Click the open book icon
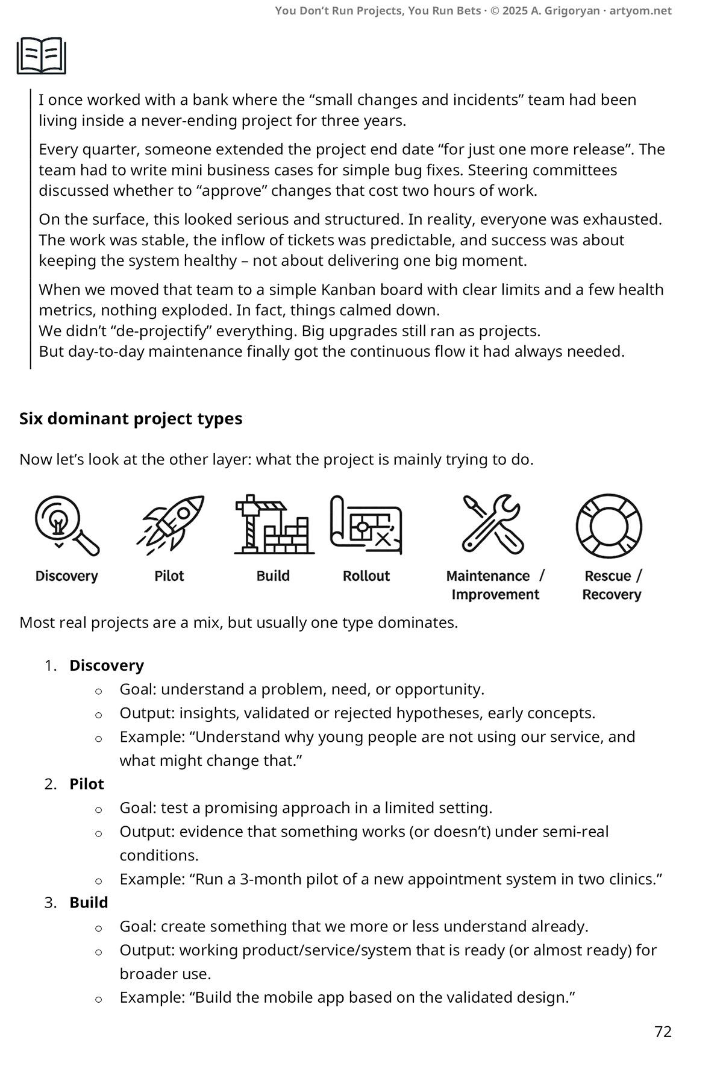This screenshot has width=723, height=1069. [x=41, y=55]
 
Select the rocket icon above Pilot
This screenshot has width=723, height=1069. [x=172, y=523]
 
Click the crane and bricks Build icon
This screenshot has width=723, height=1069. [x=274, y=524]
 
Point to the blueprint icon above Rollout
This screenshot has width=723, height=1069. [x=366, y=524]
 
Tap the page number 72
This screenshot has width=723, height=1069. [x=663, y=1032]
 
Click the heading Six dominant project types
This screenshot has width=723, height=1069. [x=131, y=419]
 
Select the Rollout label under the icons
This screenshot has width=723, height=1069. [x=366, y=576]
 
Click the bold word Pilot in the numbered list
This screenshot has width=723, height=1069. [x=87, y=784]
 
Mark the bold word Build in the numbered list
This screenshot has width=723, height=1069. [x=89, y=903]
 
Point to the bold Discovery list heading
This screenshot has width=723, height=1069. [x=107, y=665]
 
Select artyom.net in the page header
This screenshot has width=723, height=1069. [x=640, y=11]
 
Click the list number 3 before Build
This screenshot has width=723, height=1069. [x=50, y=903]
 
